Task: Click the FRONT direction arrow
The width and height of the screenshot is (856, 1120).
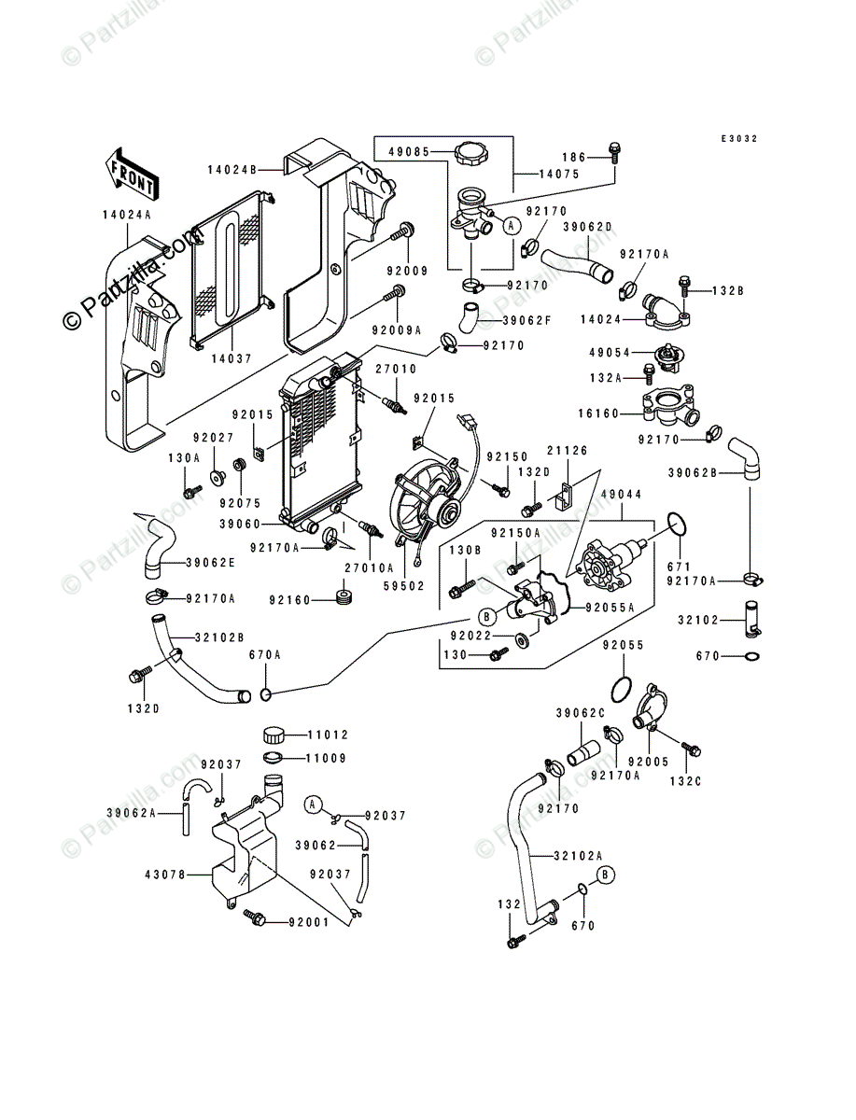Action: [x=132, y=174]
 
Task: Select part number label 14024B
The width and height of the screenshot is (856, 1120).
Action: [x=232, y=170]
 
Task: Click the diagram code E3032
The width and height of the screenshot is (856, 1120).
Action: [x=739, y=138]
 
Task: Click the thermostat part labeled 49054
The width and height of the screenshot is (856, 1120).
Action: [x=669, y=355]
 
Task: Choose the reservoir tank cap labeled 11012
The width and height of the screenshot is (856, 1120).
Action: [x=276, y=735]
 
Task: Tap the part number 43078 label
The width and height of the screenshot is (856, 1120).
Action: [x=165, y=875]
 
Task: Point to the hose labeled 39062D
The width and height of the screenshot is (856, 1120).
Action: [x=577, y=265]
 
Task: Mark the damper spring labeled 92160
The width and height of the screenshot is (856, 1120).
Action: [x=344, y=597]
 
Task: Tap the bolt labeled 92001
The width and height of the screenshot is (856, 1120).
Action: [x=255, y=918]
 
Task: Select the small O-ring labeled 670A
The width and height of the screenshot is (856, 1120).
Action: [x=265, y=694]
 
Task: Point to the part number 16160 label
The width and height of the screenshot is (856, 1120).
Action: [x=598, y=413]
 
